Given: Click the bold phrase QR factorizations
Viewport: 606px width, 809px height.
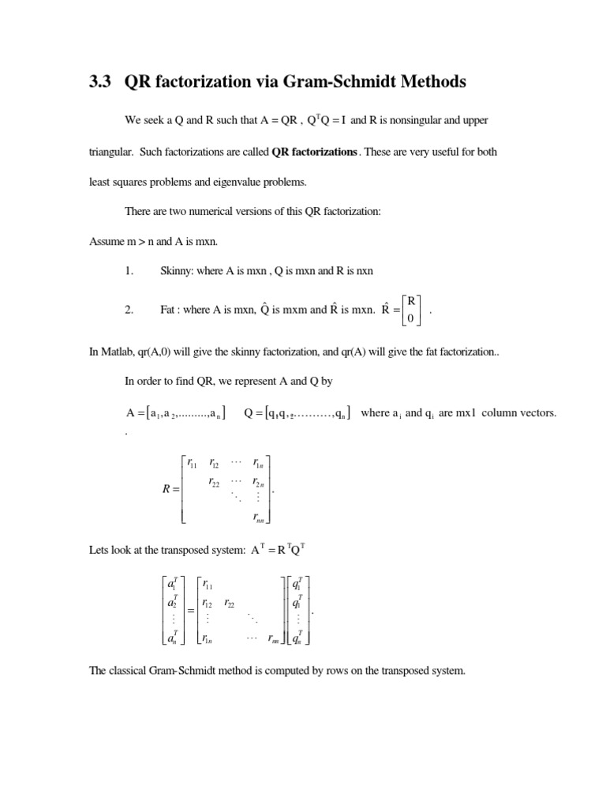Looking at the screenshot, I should point(314,152).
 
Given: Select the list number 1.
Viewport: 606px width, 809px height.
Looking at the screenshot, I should point(129,271).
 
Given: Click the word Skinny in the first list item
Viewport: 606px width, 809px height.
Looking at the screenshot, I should point(176,271).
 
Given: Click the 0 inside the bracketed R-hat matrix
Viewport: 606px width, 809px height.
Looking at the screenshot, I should point(410,318).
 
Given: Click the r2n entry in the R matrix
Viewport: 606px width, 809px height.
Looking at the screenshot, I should point(259,482).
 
